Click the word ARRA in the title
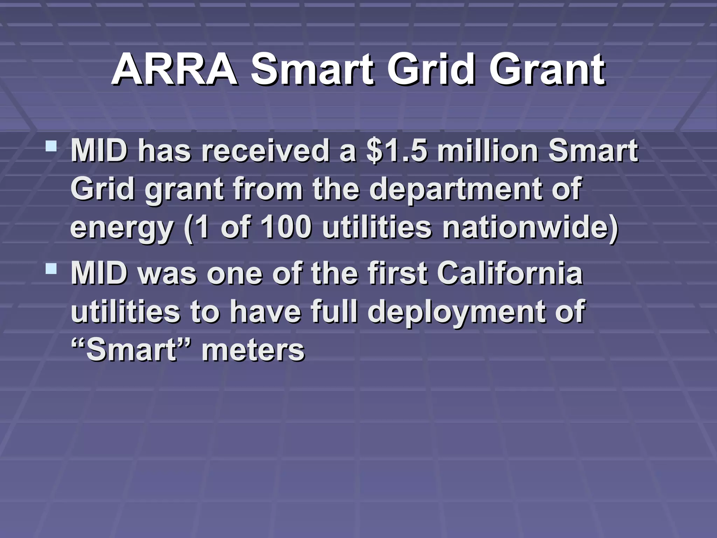coord(174,70)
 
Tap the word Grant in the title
coord(547,70)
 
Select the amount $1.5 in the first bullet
coord(397,151)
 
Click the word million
coord(488,151)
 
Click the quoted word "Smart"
coord(131,350)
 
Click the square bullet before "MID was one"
coord(51,269)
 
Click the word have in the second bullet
coord(265,312)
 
